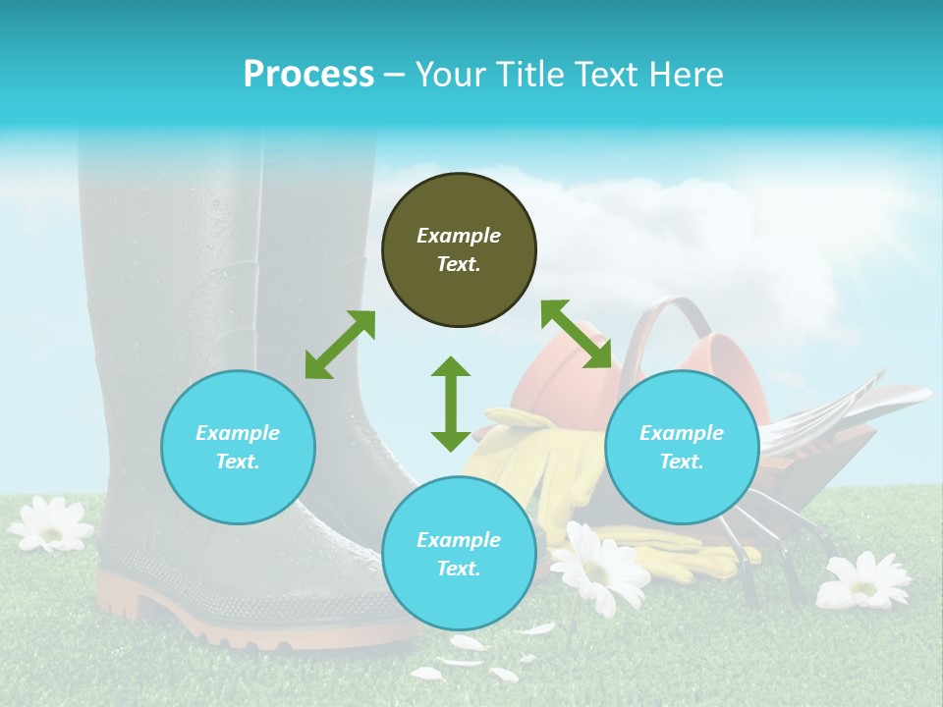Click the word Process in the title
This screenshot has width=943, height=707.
tap(308, 75)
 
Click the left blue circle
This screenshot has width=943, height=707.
tap(238, 447)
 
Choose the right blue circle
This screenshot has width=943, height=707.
tap(682, 447)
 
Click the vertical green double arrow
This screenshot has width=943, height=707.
tap(451, 404)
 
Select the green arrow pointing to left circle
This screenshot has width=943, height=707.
tap(340, 345)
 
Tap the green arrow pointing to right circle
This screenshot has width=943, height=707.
tap(577, 335)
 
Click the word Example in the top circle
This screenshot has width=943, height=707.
tap(459, 236)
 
